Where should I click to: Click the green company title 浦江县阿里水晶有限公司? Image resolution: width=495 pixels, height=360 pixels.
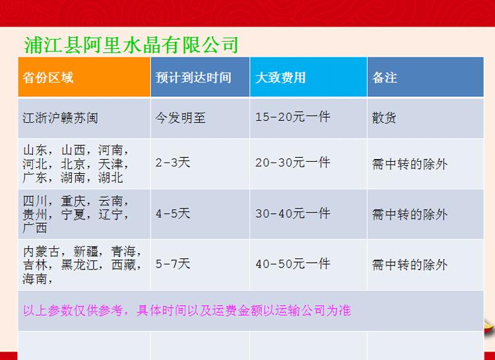point(131,45)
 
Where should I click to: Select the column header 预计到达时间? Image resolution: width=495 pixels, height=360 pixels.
point(193,77)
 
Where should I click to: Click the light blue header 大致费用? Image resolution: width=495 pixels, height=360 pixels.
point(280,77)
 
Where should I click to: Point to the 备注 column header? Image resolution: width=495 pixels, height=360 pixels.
point(385,77)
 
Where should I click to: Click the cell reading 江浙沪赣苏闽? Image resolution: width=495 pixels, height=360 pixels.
point(60,118)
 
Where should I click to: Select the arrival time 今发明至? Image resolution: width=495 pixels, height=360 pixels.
point(180,118)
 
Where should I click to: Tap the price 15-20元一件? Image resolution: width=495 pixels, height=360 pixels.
point(292,118)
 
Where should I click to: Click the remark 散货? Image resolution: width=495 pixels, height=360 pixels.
point(384,118)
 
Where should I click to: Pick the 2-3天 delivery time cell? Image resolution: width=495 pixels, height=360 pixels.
point(173,162)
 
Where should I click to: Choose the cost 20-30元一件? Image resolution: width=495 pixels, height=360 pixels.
point(292,162)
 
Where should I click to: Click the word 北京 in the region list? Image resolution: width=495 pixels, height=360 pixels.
point(73,164)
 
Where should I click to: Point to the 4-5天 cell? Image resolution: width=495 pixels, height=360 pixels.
point(173,213)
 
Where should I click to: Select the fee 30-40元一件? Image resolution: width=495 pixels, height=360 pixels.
point(292,213)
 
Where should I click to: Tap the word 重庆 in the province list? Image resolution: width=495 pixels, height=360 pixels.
point(73,201)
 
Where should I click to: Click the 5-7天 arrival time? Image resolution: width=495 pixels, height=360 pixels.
point(173,264)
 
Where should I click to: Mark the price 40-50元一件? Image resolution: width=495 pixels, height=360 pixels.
point(292,264)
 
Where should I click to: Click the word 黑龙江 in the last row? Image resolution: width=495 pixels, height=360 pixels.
point(79,265)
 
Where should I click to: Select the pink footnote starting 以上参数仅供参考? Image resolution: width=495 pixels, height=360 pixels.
point(187,310)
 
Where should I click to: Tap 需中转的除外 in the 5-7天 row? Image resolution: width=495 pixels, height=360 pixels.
point(410,265)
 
